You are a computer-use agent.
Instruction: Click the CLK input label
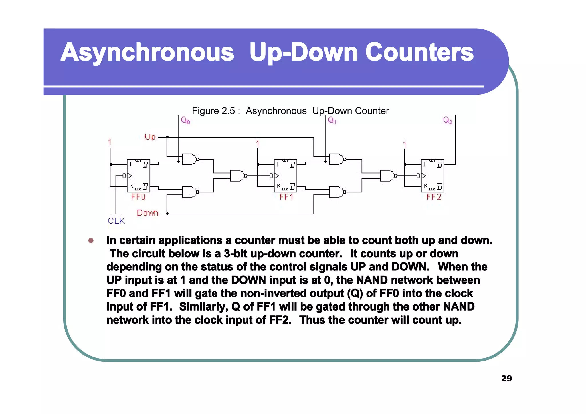point(116,221)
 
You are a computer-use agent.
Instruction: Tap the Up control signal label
point(150,137)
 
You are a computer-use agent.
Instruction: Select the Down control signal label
point(147,213)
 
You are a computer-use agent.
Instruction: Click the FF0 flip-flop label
point(138,197)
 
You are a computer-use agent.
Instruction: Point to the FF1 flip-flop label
point(286,197)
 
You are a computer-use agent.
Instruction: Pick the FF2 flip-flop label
point(434,197)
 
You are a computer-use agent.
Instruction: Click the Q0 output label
point(185,120)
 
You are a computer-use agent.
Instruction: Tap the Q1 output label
point(332,120)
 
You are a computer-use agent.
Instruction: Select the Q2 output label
point(448,120)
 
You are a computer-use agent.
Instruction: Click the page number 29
point(506,378)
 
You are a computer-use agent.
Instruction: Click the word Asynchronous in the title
point(147,52)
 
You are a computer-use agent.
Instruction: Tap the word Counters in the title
point(419,52)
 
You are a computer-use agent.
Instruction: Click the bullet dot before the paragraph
point(91,240)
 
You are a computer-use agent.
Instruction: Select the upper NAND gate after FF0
point(189,159)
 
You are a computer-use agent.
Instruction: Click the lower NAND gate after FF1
point(336,192)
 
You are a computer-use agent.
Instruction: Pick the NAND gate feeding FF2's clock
point(387,176)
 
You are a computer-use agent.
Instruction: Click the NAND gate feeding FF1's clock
point(237,176)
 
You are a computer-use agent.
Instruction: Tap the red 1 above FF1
point(258,144)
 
